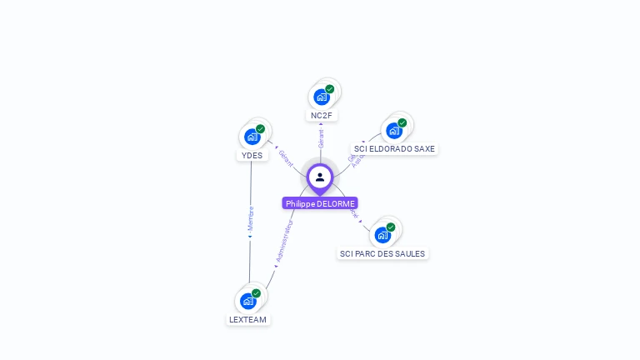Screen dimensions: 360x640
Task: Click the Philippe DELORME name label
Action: [x=320, y=203]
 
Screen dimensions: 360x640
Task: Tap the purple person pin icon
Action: [x=320, y=177]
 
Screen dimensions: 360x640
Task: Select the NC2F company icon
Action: [x=322, y=97]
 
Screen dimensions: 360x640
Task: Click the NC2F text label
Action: [x=322, y=116]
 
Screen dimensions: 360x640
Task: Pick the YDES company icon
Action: [x=252, y=137]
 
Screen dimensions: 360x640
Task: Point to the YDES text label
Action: [x=252, y=155]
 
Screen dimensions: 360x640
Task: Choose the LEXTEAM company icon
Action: [x=248, y=301]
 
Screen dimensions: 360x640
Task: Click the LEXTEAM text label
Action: [x=248, y=319]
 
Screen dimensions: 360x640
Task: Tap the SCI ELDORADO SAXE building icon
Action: [x=394, y=131]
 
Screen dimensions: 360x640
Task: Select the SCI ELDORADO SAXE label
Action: [x=394, y=149]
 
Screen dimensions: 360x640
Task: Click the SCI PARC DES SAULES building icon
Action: [x=382, y=235]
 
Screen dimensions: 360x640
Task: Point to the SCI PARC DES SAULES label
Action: [x=382, y=253]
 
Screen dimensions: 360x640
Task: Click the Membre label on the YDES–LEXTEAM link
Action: [x=250, y=218]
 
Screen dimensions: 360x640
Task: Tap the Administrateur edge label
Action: [x=284, y=242]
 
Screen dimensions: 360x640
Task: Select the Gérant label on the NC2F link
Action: [x=321, y=138]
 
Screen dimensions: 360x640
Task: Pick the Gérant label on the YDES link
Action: [x=286, y=157]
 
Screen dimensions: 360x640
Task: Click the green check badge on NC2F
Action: [x=330, y=89]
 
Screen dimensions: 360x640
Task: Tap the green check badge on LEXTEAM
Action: [x=257, y=293]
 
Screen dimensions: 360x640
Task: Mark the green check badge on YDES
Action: [x=261, y=129]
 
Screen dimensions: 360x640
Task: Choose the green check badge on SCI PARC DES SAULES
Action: [x=391, y=227]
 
